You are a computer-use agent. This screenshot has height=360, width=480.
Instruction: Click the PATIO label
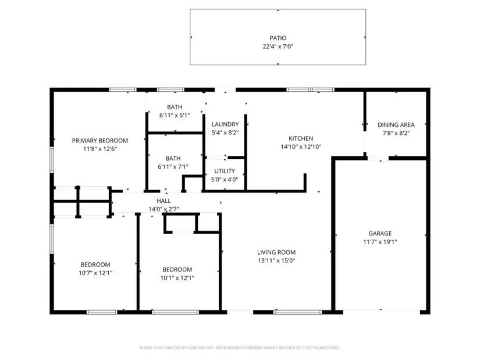pyautogui.click(x=278, y=38)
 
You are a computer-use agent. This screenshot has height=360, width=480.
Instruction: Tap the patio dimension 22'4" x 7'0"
pyautogui.click(x=278, y=47)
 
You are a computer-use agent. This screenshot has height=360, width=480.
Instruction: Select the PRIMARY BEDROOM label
pyautogui.click(x=100, y=141)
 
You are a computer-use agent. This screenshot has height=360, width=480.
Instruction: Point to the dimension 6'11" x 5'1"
pyautogui.click(x=175, y=115)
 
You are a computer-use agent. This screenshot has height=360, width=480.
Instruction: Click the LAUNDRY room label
pyautogui.click(x=225, y=124)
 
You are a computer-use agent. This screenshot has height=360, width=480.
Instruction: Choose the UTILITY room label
pyautogui.click(x=225, y=171)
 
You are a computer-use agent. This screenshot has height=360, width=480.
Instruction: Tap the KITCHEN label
pyautogui.click(x=301, y=138)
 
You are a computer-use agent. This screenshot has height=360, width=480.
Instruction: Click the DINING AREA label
pyautogui.click(x=396, y=124)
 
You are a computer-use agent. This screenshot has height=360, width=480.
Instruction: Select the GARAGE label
pyautogui.click(x=380, y=233)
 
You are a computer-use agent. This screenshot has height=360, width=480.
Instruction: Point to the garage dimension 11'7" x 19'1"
pyautogui.click(x=380, y=242)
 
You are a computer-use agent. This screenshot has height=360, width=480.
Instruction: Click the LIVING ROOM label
pyautogui.click(x=276, y=252)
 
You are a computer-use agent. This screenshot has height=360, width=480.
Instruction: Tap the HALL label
pyautogui.click(x=163, y=201)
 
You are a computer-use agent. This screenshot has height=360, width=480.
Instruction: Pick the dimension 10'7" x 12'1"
pyautogui.click(x=95, y=273)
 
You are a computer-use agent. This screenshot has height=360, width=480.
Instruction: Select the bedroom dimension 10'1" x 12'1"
pyautogui.click(x=177, y=278)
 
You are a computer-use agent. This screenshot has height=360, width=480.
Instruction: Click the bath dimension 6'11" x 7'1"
pyautogui.click(x=173, y=167)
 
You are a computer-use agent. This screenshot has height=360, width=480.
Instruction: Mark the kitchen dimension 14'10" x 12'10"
pyautogui.click(x=301, y=147)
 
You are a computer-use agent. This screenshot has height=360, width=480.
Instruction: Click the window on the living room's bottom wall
pyautogui.click(x=298, y=312)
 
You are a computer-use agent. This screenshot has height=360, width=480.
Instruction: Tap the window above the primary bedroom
pyautogui.click(x=123, y=90)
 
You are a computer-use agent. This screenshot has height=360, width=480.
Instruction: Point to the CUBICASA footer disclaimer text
pyautogui.click(x=240, y=348)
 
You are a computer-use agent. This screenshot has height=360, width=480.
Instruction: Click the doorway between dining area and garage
pyautogui.click(x=378, y=158)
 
